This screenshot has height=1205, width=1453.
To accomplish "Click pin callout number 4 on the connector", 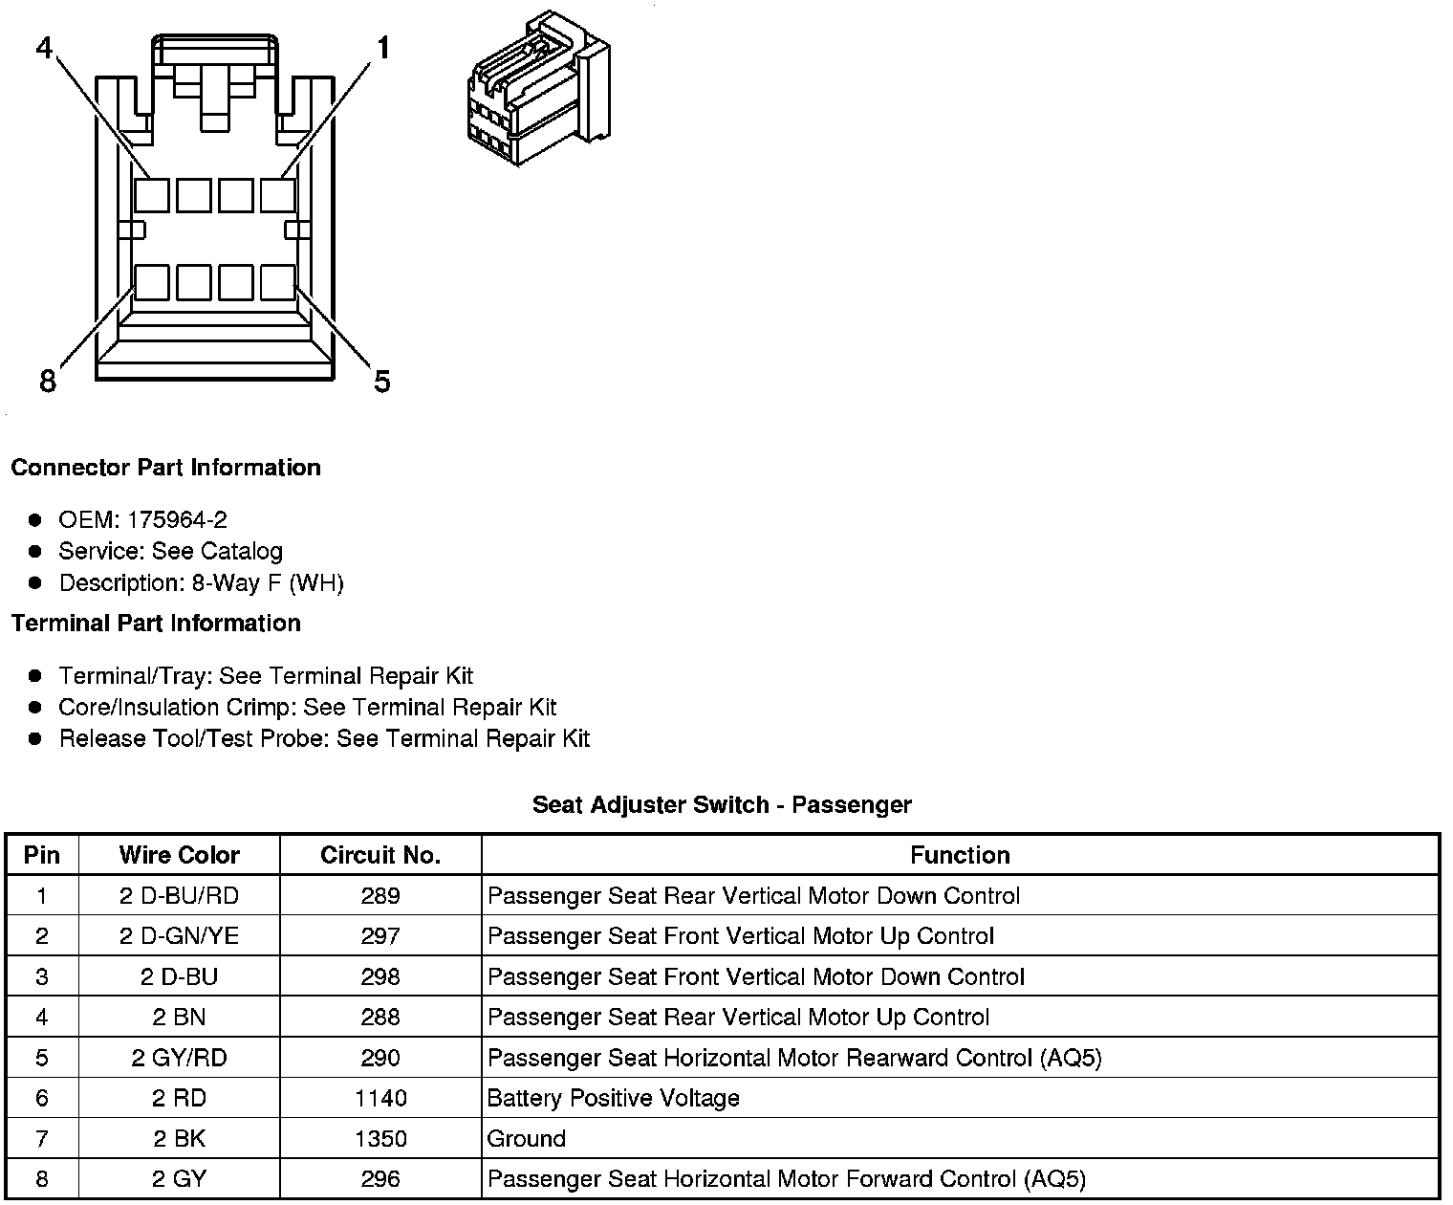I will pyautogui.click(x=44, y=48).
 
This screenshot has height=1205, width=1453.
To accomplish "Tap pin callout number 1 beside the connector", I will pyautogui.click(x=382, y=48).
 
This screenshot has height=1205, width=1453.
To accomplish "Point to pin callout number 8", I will pyautogui.click(x=48, y=382).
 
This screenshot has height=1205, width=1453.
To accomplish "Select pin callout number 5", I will pyautogui.click(x=381, y=382).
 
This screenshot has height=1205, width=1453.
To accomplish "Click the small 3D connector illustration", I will pyautogui.click(x=537, y=89).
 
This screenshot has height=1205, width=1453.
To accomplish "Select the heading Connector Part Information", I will pyautogui.click(x=165, y=468).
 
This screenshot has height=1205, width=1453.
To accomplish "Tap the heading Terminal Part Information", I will pyautogui.click(x=156, y=624).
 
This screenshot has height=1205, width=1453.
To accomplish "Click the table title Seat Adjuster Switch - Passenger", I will pyautogui.click(x=722, y=805).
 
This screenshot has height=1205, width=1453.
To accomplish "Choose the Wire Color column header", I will pyautogui.click(x=179, y=855).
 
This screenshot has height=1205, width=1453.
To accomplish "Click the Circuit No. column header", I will pyautogui.click(x=380, y=855).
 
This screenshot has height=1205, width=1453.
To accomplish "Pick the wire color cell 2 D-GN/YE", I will pyautogui.click(x=179, y=936).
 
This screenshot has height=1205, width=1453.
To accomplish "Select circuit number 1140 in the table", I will pyautogui.click(x=380, y=1098).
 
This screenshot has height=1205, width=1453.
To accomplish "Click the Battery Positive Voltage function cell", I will pyautogui.click(x=613, y=1098).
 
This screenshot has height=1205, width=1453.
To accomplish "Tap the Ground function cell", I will pyautogui.click(x=526, y=1139).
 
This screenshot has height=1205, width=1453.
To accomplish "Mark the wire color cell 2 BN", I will pyautogui.click(x=179, y=1018).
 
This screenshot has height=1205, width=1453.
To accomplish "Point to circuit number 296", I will pyautogui.click(x=380, y=1179).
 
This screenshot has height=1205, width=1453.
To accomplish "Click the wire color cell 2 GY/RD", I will pyautogui.click(x=179, y=1058).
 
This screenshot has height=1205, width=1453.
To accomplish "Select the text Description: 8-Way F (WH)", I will pyautogui.click(x=201, y=583).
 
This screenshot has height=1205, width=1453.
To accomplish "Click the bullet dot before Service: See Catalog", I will pyautogui.click(x=35, y=552).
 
